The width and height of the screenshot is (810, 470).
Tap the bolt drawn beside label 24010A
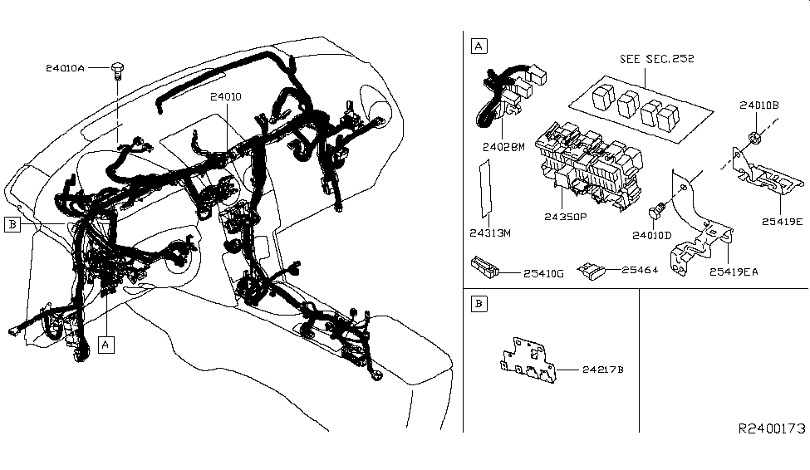(x=117, y=69)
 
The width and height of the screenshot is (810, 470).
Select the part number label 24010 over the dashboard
(x=225, y=97)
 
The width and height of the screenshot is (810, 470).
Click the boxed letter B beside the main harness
(x=12, y=223)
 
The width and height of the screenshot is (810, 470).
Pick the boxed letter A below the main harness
(x=106, y=342)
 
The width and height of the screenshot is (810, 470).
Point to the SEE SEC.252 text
(x=657, y=59)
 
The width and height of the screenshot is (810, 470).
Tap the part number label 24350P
(x=565, y=218)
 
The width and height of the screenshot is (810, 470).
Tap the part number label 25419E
(x=781, y=222)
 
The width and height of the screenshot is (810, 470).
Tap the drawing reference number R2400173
(x=772, y=428)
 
